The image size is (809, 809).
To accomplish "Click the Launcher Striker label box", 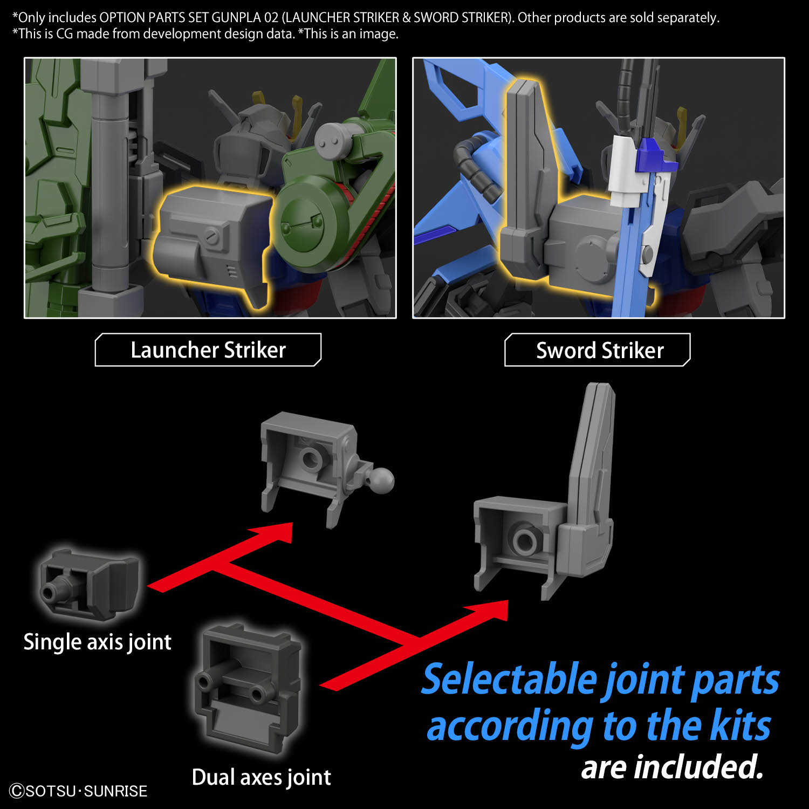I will point(208,350).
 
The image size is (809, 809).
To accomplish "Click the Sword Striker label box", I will point(598,351).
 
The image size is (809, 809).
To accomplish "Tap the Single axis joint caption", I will point(97,642).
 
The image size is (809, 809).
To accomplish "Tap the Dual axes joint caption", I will point(261,777).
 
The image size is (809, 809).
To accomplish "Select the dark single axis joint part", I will point(89,585).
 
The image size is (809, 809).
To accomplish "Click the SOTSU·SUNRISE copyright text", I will point(79,791).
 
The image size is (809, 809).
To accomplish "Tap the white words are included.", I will point(672,767).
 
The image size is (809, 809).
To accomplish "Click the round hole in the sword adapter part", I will point(524,539).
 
